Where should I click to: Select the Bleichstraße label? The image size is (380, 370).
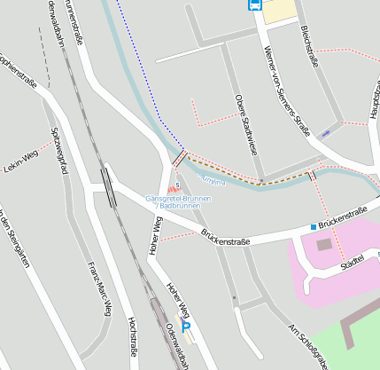(309, 45)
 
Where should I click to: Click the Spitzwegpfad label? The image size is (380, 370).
(59, 153)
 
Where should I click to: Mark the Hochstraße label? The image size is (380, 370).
(133, 337)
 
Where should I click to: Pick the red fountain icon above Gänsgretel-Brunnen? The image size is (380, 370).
(171, 189)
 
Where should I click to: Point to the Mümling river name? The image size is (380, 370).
(213, 182)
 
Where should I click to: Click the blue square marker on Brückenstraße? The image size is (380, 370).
(313, 227)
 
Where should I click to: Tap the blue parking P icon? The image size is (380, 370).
(186, 327)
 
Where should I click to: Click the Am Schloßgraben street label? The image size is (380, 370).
(307, 345)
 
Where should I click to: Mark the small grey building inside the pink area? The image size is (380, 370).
(323, 243)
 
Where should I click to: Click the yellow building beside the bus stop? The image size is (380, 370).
(281, 10)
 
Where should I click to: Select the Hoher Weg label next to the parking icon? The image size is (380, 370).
(178, 299)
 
